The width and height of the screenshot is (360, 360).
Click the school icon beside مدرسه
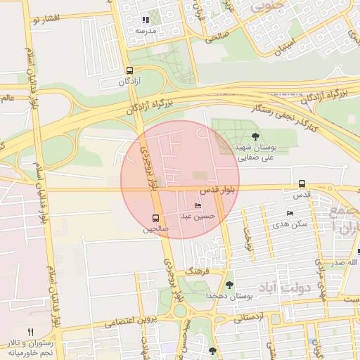pyautogui.click(x=146, y=20)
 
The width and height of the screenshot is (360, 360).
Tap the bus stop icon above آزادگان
pyautogui.click(x=129, y=70)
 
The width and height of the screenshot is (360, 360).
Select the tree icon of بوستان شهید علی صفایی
pyautogui.click(x=255, y=136)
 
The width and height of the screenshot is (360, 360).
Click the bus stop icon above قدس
pyautogui.click(x=302, y=184)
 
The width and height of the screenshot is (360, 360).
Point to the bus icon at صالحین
pyautogui.click(x=155, y=218)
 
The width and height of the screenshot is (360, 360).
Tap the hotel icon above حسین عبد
pyautogui.click(x=198, y=205)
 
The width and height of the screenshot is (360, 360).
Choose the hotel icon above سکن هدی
pyautogui.click(x=290, y=213)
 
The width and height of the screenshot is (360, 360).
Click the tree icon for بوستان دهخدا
pyautogui.click(x=229, y=285)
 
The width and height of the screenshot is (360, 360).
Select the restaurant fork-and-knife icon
pyautogui.click(x=30, y=331)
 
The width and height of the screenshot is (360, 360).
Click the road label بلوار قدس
pyautogui.click(x=212, y=191)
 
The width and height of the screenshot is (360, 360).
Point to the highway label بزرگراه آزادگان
pyautogui.click(x=150, y=107)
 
